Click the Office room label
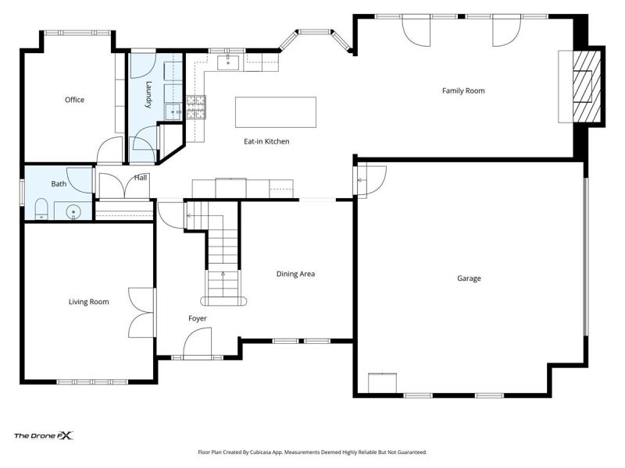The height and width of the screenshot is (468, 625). coord(74,100)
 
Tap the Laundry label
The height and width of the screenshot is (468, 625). coord(148,94)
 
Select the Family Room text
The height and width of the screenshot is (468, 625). coord(463,90)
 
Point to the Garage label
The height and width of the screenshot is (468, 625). coord(469,278)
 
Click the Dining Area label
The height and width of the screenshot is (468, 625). coord(295,274)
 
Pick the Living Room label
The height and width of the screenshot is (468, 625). coord(88,302)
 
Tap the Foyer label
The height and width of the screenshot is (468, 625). coord(198,318)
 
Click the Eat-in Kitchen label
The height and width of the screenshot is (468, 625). coord(266,141)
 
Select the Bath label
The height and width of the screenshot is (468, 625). coord(59,184)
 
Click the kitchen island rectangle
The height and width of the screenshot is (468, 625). coord(276,112)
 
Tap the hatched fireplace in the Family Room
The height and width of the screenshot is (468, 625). coord(587,87)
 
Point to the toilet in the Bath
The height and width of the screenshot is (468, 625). coord(41,209)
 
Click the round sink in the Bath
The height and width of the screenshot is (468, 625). coord(73,211)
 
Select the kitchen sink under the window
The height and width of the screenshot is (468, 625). coord(227,63)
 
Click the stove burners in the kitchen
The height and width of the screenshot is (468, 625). coord(196,108)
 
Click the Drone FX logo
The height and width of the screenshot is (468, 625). coord(44,436)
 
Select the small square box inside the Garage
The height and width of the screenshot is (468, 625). coord(382,383)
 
